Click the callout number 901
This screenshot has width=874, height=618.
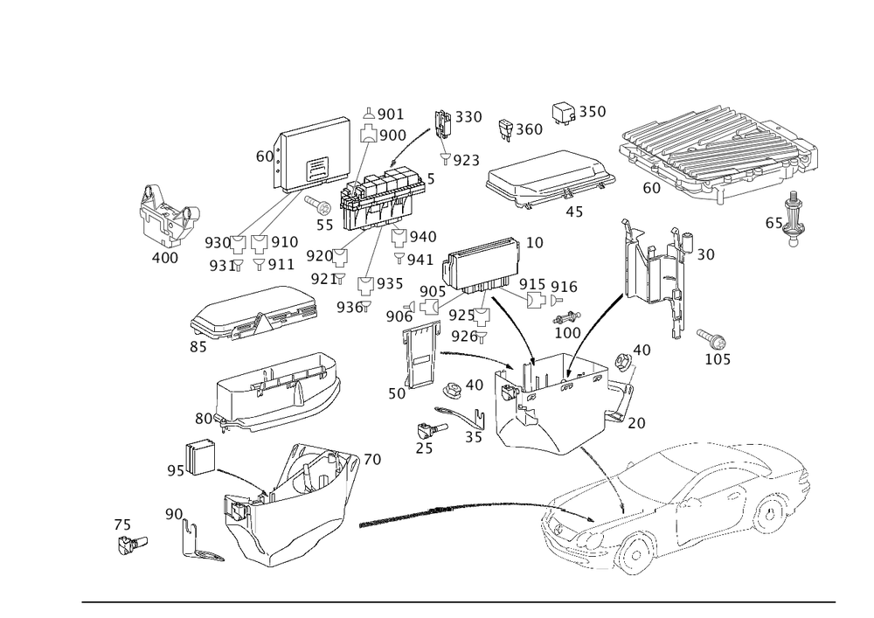click(x=389, y=115)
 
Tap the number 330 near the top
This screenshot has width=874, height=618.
click(x=468, y=117)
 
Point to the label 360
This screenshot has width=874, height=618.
click(x=529, y=129)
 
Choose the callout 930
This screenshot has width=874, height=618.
click(x=216, y=242)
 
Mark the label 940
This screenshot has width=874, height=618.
click(x=424, y=237)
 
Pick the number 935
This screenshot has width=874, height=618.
click(x=390, y=285)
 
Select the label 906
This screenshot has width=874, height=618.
click(x=399, y=315)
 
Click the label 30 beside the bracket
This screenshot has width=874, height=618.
click(x=705, y=254)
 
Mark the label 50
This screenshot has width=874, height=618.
click(x=397, y=394)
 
